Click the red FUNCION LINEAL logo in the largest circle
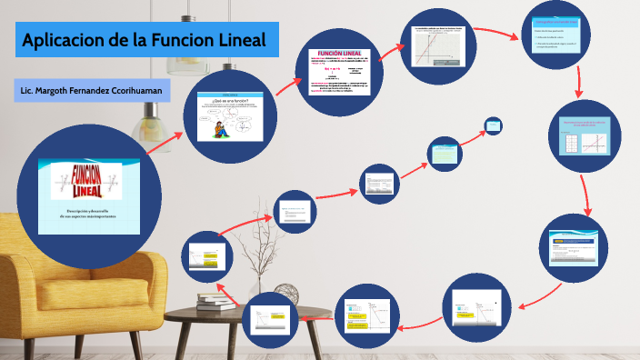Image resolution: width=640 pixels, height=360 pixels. (88, 181)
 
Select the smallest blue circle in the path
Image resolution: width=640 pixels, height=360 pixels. (494, 125)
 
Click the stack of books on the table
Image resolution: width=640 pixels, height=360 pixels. (216, 303)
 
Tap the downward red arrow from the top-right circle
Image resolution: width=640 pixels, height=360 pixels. (578, 83)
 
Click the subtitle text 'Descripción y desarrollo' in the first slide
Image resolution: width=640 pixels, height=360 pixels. (88, 211)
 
